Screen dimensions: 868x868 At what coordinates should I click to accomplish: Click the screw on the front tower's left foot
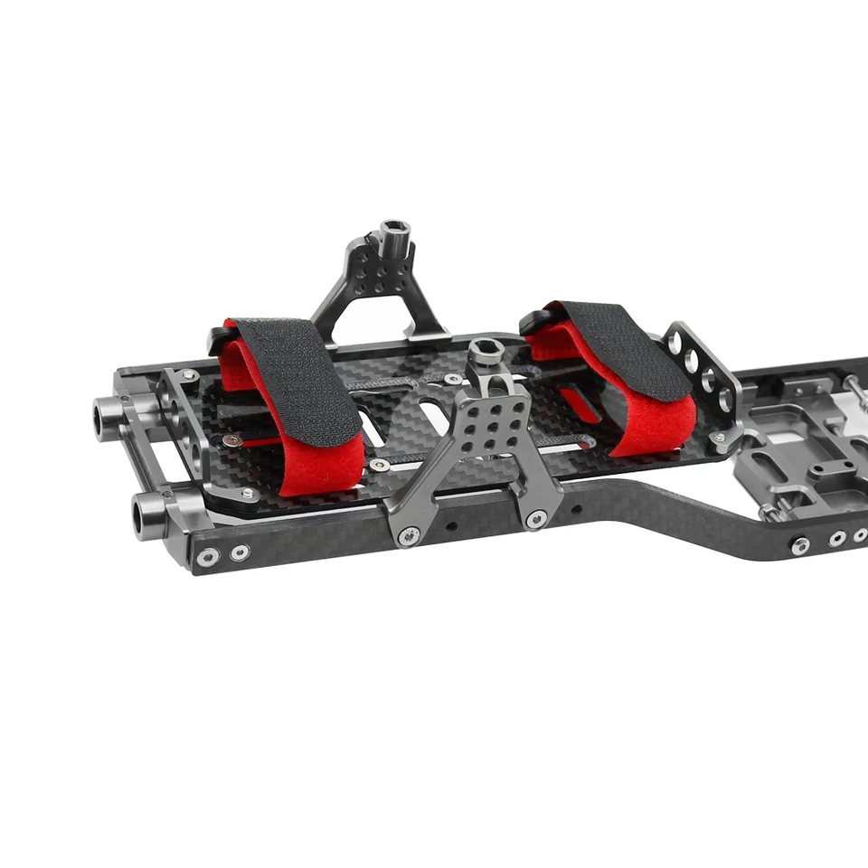410,536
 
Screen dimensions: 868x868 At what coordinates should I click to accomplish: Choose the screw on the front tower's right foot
536,518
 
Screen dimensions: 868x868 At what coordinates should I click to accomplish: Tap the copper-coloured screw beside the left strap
233,440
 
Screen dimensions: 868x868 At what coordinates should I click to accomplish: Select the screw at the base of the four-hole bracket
721,439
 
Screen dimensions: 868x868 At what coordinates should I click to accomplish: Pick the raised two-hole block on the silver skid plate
826,470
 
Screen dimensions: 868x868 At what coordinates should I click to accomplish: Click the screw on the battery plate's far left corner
189,374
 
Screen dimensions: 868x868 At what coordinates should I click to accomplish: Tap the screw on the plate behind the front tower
453,379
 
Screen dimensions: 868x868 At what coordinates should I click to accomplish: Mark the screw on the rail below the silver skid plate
800,545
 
